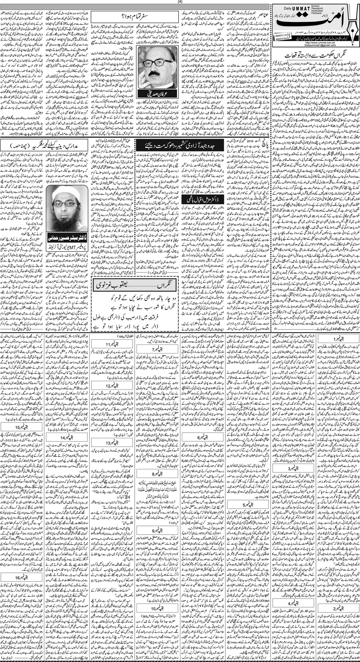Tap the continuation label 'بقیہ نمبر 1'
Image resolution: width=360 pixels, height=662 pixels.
pos(335,340)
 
